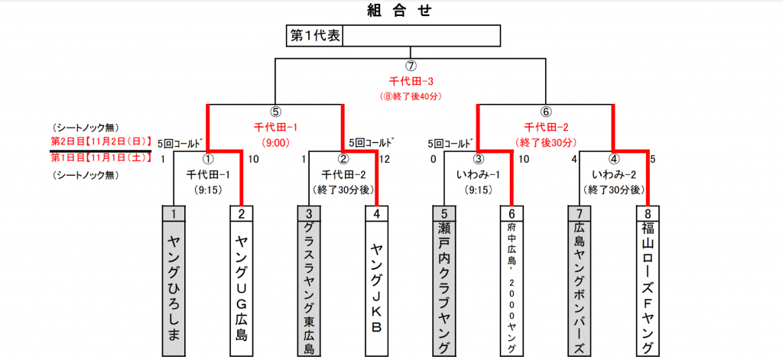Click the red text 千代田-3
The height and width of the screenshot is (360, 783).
tap(411, 80)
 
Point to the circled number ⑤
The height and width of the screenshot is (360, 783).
tap(276, 112)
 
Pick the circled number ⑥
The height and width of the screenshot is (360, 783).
tap(546, 112)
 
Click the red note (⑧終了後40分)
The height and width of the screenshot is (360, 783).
tap(411, 96)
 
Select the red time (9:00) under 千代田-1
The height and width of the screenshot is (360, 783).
tap(275, 142)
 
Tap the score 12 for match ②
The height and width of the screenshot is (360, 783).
tap(385, 159)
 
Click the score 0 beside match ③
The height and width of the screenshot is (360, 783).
tap(434, 159)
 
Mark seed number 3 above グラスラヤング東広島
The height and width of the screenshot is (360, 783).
tap(309, 213)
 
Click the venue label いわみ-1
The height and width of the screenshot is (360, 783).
tap(479, 174)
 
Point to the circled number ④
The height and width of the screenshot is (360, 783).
tap(613, 160)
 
